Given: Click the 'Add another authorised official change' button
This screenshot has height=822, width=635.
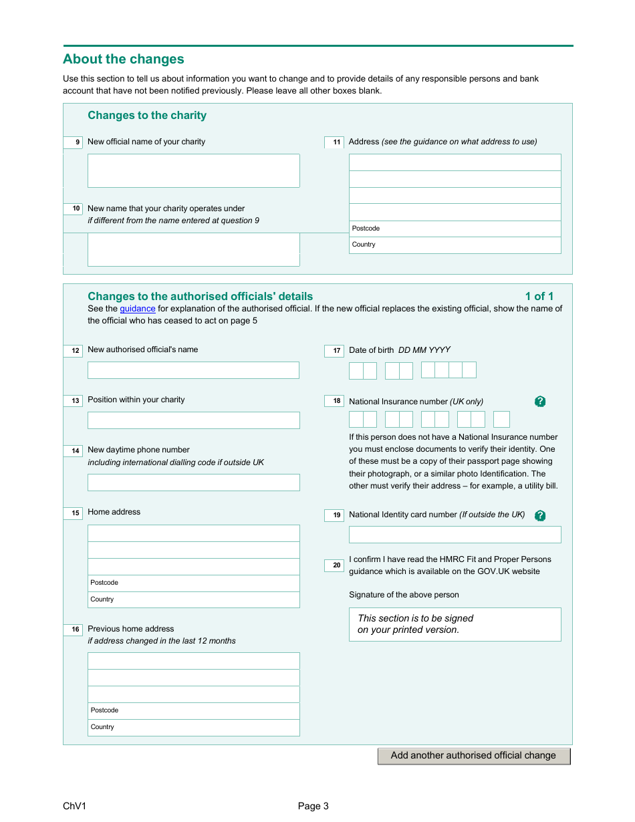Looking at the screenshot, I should click(x=473, y=756).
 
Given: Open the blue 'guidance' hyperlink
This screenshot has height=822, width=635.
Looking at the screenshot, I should click(x=138, y=309).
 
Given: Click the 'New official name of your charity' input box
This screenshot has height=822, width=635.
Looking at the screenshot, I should click(x=193, y=170).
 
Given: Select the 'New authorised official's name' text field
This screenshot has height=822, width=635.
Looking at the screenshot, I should click(x=193, y=370).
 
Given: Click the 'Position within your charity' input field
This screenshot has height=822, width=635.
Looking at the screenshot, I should click(x=193, y=420).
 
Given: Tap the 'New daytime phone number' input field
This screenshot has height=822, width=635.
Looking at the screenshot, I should click(x=193, y=483).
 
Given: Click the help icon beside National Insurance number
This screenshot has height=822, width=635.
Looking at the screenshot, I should click(x=540, y=402).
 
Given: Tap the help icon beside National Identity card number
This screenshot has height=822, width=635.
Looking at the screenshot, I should click(x=540, y=515).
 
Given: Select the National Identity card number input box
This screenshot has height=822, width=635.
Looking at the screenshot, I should click(x=455, y=535).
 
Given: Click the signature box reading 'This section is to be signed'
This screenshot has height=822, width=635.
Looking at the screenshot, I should click(x=455, y=624).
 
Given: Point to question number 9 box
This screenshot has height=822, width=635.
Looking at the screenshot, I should click(x=73, y=142).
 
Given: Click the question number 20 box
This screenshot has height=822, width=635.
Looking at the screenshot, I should click(x=334, y=565).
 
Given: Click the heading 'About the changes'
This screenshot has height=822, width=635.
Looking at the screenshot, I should click(x=124, y=59).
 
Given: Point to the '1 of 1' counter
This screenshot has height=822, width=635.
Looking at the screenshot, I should click(x=539, y=296).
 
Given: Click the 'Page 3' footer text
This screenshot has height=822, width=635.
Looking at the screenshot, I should click(x=313, y=806).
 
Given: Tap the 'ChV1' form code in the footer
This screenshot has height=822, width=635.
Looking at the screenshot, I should click(x=74, y=806).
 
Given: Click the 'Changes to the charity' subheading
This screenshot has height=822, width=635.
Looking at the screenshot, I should click(x=147, y=116).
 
